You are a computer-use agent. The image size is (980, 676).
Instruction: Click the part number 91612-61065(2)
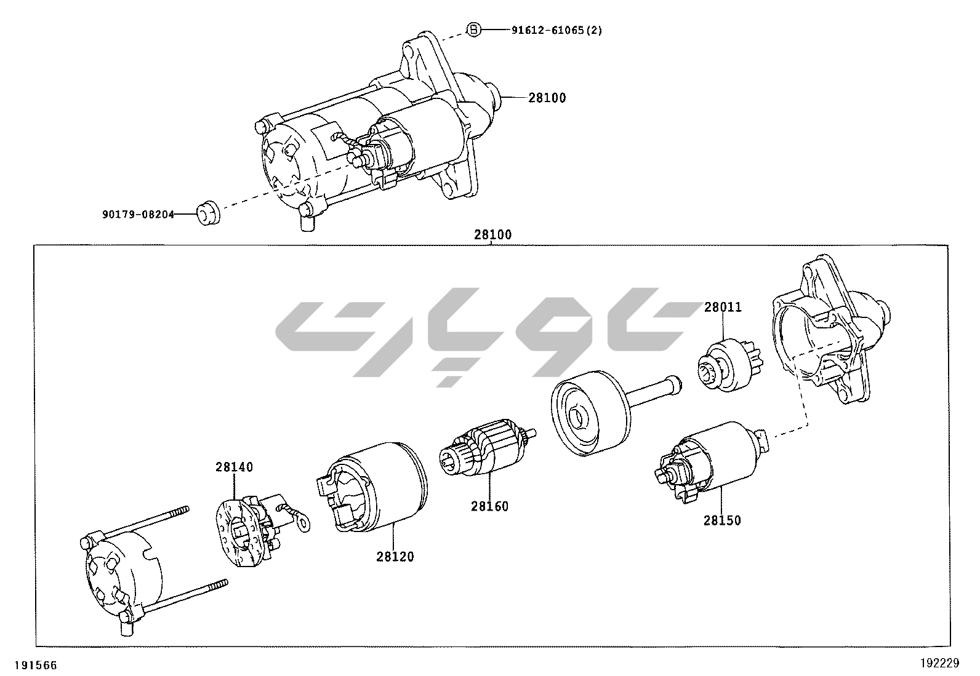pos(556,30)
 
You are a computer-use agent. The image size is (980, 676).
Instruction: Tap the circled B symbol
pos(473,30)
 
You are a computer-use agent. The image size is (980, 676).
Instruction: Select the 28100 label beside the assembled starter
pos(547,97)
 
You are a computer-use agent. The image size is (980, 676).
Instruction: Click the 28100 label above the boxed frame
pos(492,234)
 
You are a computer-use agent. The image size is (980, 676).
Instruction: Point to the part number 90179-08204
pos(138,214)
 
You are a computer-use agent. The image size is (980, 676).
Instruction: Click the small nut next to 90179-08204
pos(207,213)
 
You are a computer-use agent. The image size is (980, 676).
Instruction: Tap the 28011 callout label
pos(723,307)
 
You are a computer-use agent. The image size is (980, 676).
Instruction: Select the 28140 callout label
pos(234,467)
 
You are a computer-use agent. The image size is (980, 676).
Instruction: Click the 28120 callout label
pos(395,557)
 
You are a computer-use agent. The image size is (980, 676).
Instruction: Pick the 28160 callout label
pos(490,506)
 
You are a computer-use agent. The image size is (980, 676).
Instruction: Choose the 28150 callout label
pos(722,520)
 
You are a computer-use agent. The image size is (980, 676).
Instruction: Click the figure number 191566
pos(37,664)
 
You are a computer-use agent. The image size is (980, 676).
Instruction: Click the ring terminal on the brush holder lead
pos(302,523)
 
